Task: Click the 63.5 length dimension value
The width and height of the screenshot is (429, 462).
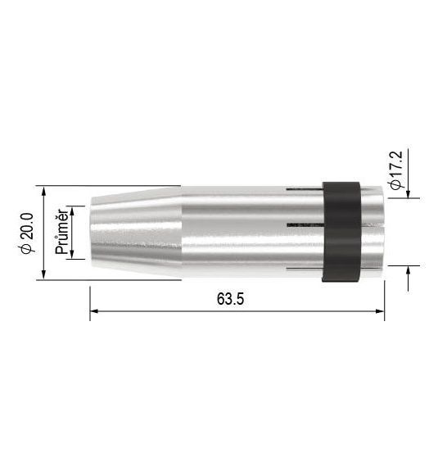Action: click(x=230, y=298)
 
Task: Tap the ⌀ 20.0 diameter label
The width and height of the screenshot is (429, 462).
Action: click(x=27, y=233)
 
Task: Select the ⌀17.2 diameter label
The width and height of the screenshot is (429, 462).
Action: click(x=395, y=170)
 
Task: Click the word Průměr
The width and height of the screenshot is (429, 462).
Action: click(x=62, y=232)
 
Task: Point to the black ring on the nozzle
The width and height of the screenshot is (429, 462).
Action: click(x=341, y=232)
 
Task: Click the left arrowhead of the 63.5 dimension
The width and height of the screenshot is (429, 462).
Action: click(x=93, y=311)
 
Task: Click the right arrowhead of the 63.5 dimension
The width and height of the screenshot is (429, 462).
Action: click(x=381, y=311)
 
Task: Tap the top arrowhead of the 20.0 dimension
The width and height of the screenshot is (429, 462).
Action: click(x=43, y=190)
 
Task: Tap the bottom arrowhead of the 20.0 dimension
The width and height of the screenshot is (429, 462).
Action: click(x=43, y=275)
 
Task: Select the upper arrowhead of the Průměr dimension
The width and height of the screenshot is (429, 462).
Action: click(x=72, y=211)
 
